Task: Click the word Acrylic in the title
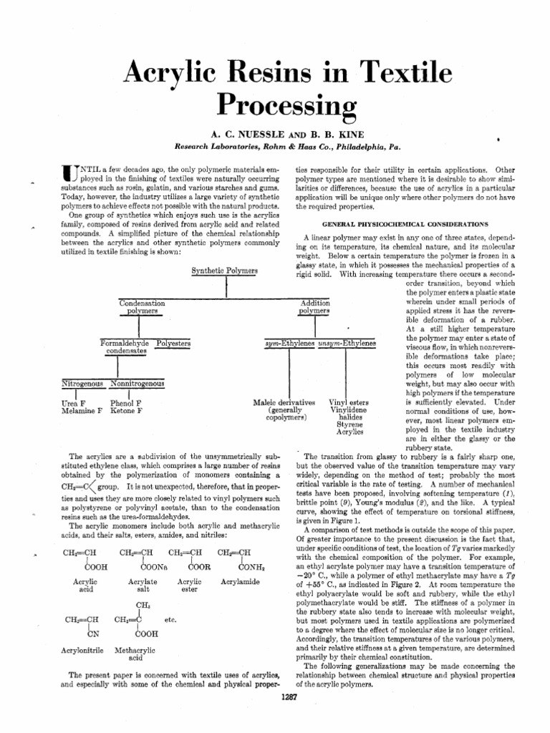pos(171,71)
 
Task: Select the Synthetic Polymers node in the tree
pos(226,271)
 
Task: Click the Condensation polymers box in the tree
pos(142,308)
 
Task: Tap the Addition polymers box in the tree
pos(314,308)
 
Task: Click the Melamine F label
pos(79,412)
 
